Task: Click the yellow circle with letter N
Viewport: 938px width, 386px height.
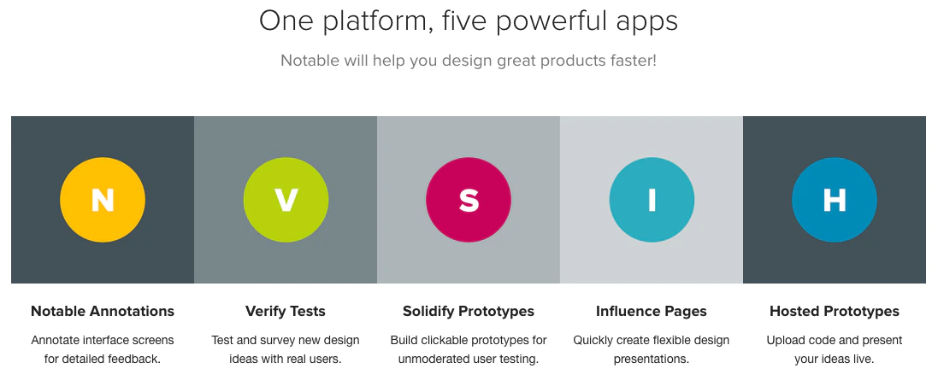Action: tap(103, 200)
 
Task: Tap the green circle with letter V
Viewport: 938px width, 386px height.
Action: tap(286, 200)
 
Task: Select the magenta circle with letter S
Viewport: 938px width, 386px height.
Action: tap(469, 200)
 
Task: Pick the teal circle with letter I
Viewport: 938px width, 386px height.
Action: tap(652, 200)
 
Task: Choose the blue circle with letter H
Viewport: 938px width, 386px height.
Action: tap(835, 200)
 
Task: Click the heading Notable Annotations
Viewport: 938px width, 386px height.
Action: tap(103, 312)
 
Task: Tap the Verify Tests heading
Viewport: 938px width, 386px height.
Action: tap(286, 312)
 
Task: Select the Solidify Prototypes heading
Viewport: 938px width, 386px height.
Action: tap(469, 312)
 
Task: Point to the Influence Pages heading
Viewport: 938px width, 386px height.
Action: tap(652, 312)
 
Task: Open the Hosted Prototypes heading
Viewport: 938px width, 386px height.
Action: tap(835, 312)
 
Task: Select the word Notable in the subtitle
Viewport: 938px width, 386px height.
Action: tap(310, 61)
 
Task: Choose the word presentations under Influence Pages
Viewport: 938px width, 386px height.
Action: tap(651, 360)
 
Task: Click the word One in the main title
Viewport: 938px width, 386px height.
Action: tap(285, 21)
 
